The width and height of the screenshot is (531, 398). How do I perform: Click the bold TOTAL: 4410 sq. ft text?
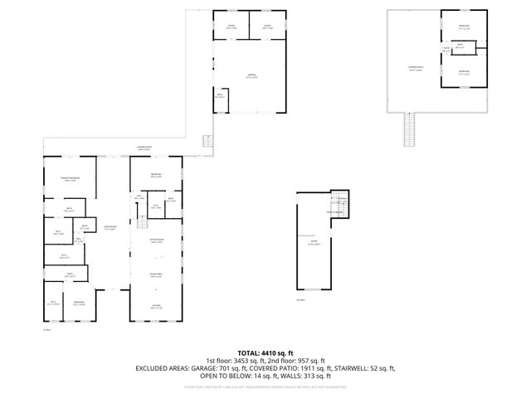tap(265, 352)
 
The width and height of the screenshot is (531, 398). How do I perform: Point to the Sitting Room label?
tap(155, 240)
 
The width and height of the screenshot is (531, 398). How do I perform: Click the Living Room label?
tap(109, 228)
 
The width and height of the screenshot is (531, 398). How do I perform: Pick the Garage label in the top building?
tap(250, 76)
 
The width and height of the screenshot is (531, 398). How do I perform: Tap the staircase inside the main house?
tap(140, 221)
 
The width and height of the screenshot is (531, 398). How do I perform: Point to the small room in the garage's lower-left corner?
tap(220, 97)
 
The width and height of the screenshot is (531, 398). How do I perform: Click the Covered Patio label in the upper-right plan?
tap(416, 69)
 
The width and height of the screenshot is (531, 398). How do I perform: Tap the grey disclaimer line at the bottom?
tap(265, 387)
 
